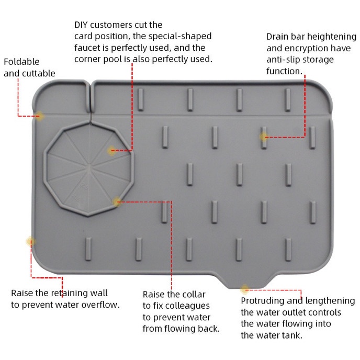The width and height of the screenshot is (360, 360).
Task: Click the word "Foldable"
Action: click(21, 62)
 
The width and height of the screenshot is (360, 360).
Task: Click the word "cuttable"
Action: click(38, 73)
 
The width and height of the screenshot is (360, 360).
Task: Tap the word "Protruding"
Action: click(263, 301)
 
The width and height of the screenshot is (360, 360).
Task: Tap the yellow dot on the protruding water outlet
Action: click(244, 289)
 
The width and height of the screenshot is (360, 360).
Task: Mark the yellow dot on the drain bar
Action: click(264, 137)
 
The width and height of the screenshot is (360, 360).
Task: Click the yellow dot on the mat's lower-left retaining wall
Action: click(30, 242)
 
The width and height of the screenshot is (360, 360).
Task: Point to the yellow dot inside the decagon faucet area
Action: click(111, 151)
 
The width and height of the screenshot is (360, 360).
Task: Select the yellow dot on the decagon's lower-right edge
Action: click(117, 201)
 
